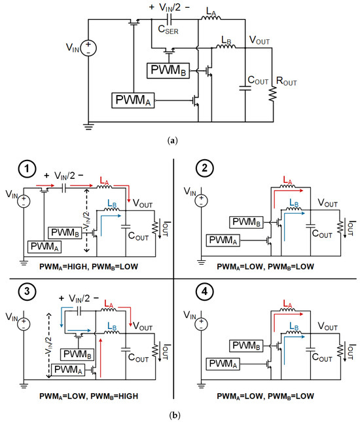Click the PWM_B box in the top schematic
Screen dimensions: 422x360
(168, 69)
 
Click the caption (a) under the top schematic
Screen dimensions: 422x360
(180, 140)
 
